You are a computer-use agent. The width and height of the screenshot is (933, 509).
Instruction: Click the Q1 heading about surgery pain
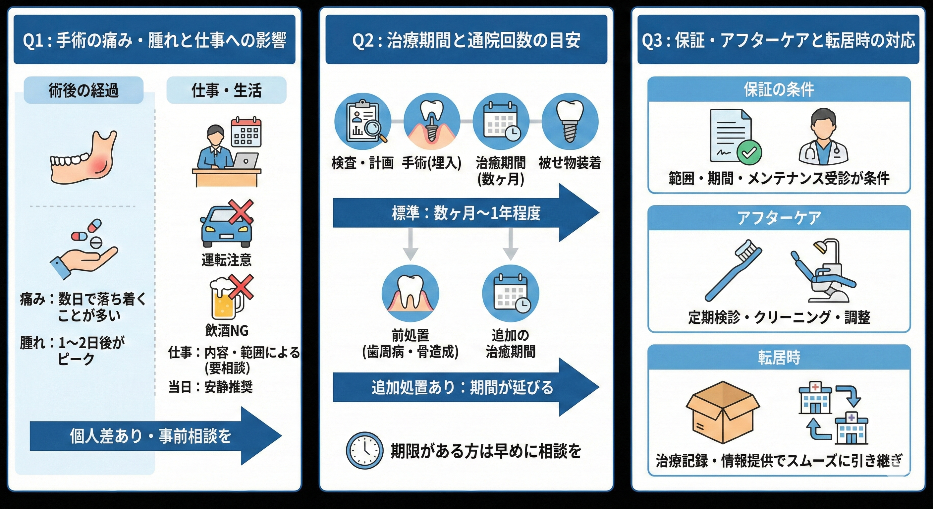[x=155, y=40]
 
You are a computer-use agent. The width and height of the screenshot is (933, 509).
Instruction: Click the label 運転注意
[x=226, y=260]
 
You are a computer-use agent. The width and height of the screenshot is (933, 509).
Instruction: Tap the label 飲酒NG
[x=227, y=330]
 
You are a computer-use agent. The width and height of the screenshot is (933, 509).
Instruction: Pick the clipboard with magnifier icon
[x=362, y=122]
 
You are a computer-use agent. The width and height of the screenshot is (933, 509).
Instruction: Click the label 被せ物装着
[x=569, y=163]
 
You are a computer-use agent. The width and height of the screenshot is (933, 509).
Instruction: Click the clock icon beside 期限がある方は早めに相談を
[x=364, y=450]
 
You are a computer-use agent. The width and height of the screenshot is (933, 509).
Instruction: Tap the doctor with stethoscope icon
[x=823, y=137]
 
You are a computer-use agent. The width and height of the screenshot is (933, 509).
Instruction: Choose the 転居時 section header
[x=779, y=358]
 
